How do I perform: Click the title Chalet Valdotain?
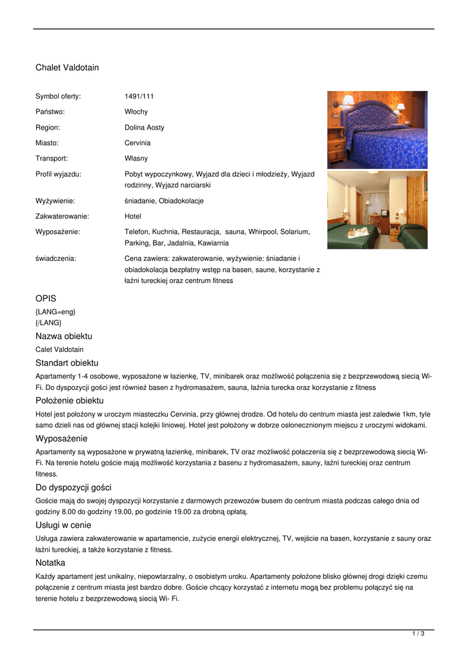click(67, 68)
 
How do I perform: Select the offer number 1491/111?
click(139, 96)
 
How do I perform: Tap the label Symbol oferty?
click(58, 96)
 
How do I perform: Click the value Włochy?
click(136, 112)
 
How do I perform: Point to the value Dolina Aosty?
click(145, 128)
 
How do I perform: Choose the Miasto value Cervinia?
click(137, 143)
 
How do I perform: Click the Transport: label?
click(52, 159)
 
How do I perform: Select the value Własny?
click(136, 159)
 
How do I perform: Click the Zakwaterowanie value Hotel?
click(133, 217)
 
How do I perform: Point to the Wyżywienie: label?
click(55, 201)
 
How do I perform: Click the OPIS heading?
click(46, 298)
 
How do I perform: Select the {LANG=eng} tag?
click(56, 312)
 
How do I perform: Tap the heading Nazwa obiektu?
click(64, 336)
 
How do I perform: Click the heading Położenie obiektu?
click(69, 401)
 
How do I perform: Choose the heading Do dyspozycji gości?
click(74, 488)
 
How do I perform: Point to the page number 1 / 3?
click(418, 634)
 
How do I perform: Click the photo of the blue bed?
click(377, 130)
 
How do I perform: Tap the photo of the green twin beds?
click(377, 210)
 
